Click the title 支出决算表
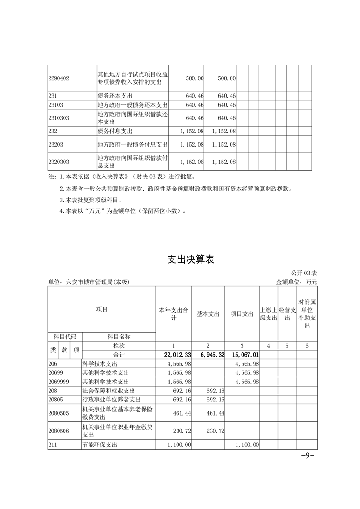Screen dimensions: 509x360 191,259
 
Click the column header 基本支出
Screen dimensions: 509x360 208,314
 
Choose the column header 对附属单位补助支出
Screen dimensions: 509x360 307,313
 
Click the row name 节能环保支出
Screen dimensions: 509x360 99,445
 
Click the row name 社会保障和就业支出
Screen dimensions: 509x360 105,390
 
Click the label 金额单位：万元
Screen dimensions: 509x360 296,282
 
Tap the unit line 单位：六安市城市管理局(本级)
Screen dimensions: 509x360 89,282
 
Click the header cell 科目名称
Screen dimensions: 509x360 118,337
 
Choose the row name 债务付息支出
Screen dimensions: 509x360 115,131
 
